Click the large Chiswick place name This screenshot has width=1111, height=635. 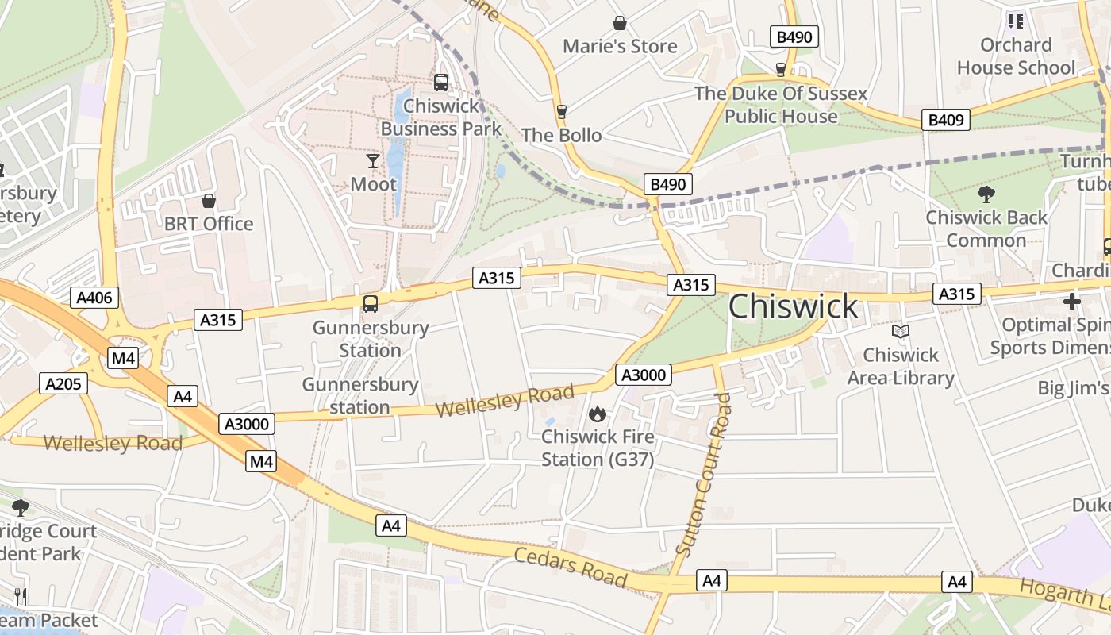[793, 307]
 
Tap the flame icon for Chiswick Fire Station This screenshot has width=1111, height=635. [598, 414]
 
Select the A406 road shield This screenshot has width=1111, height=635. [96, 298]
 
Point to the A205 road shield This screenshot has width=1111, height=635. [63, 384]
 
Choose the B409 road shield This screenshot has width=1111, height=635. [946, 121]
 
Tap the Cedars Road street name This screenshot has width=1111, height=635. [571, 567]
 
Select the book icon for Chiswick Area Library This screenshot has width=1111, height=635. [900, 332]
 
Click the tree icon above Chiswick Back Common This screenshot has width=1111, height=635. [986, 194]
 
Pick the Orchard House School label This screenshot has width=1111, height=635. [1016, 56]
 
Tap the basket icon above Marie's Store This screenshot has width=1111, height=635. [620, 24]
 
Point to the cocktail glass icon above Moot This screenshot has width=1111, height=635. [373, 161]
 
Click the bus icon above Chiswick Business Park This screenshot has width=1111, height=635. [441, 82]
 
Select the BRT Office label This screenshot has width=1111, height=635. [209, 224]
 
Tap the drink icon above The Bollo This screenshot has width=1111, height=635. [562, 112]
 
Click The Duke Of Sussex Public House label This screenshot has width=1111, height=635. [781, 105]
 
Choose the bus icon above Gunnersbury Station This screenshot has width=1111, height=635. [370, 303]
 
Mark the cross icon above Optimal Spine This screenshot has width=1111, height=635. [1072, 302]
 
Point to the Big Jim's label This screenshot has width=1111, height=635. [1074, 388]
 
